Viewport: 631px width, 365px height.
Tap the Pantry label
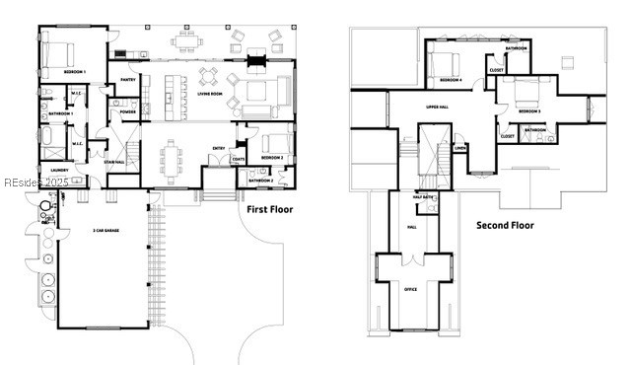click(x=128, y=80)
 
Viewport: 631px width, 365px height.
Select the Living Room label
click(x=210, y=95)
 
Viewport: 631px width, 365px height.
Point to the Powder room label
click(x=127, y=111)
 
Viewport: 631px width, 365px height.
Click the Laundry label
click(x=59, y=170)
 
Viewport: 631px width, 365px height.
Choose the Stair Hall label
click(x=114, y=162)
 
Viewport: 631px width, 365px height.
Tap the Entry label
click(x=218, y=149)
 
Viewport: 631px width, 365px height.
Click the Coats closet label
click(x=238, y=159)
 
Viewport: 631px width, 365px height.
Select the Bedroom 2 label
click(x=273, y=158)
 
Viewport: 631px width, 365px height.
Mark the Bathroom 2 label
click(x=260, y=181)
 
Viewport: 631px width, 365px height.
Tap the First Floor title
click(x=269, y=209)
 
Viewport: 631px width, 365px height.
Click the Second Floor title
click(x=505, y=225)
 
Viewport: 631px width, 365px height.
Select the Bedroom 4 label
click(x=451, y=79)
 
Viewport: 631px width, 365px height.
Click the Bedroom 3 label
click(x=529, y=110)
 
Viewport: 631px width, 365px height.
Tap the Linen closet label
click(x=459, y=148)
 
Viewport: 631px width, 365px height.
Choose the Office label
click(x=409, y=289)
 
